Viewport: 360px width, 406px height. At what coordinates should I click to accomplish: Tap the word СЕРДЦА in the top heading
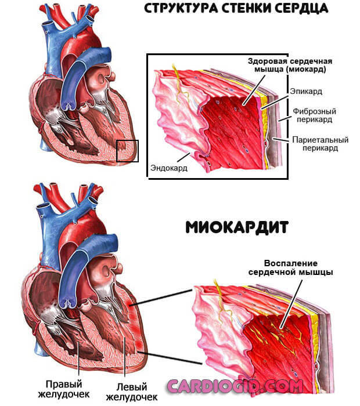pos(302,9)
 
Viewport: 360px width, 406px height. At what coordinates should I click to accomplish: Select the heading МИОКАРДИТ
pos(237,227)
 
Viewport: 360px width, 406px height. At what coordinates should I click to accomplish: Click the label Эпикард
pos(306,91)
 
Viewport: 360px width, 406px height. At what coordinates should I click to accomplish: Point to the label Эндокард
pos(169,168)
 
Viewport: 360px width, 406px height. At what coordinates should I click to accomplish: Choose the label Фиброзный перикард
pos(314,115)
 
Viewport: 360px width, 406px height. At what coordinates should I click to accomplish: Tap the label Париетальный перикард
pos(321,144)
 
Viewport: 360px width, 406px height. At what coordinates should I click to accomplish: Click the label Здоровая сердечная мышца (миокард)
pos(290,65)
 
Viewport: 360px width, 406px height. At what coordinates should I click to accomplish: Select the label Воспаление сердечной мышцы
pos(291,268)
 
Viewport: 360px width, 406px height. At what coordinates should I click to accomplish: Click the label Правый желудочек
pos(64,389)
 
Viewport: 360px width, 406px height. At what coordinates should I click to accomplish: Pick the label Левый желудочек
pos(132,392)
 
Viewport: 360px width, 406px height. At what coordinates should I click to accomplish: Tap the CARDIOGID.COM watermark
pos(235,386)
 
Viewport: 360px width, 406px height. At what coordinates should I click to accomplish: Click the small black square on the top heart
pos(127,151)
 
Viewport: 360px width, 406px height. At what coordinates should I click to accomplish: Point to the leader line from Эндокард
pos(183,157)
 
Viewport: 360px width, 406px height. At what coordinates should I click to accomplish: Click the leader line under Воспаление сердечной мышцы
pos(291,304)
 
